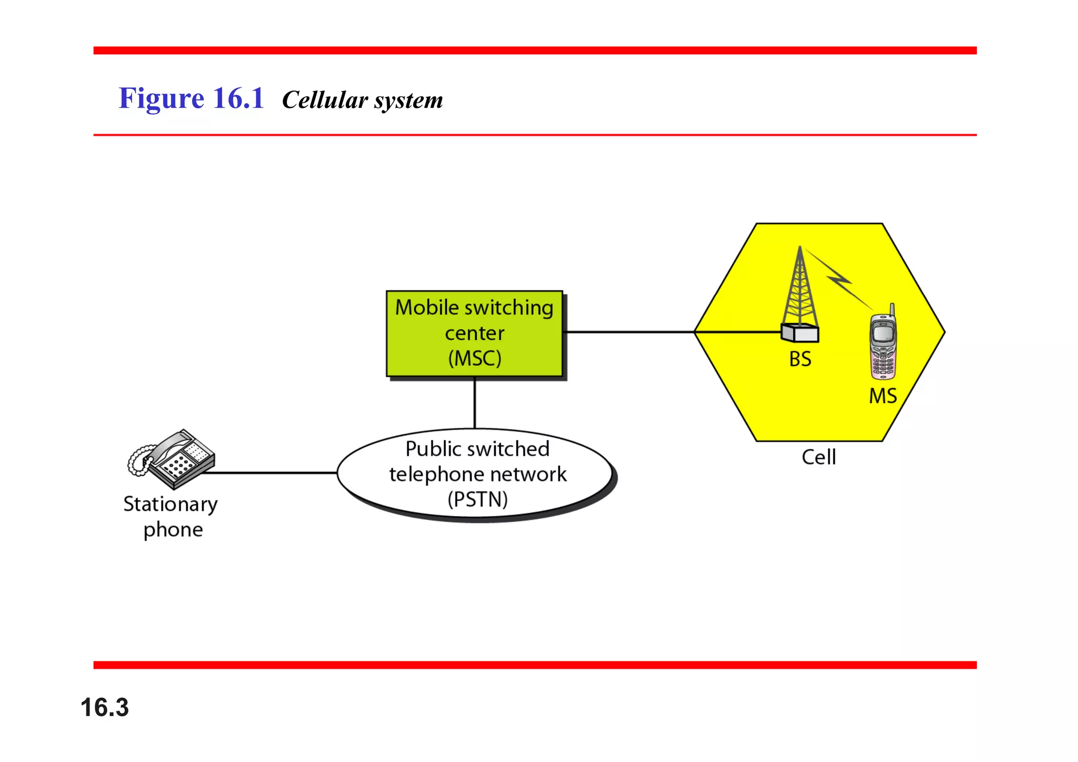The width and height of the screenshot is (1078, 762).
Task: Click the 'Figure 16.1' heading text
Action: pos(191,98)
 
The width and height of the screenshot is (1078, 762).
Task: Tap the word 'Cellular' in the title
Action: pos(325,100)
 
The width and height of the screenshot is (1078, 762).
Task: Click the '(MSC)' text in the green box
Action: pos(474,359)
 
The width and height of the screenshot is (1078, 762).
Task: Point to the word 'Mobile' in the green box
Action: pos(426,307)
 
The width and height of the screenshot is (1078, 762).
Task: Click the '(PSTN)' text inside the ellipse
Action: pos(477,499)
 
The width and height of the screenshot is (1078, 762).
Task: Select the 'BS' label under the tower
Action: pos(800,359)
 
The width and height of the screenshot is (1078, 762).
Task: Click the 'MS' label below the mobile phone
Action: pos(883,396)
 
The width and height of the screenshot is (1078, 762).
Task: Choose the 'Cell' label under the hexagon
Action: pos(819,457)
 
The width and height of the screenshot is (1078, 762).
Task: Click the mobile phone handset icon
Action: pos(883,345)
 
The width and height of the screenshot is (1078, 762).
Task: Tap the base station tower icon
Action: pos(800,289)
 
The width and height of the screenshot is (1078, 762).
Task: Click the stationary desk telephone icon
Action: pos(173,459)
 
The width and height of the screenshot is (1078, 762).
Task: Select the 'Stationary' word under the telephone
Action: pos(170,504)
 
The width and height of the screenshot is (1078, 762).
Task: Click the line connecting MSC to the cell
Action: pos(626,332)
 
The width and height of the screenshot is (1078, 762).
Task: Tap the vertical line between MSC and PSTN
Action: pos(475,403)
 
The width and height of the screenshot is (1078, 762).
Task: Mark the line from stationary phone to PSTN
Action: pos(268,473)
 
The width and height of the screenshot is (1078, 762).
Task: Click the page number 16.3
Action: pos(104,707)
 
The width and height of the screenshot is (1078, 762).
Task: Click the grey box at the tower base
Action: pos(800,333)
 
